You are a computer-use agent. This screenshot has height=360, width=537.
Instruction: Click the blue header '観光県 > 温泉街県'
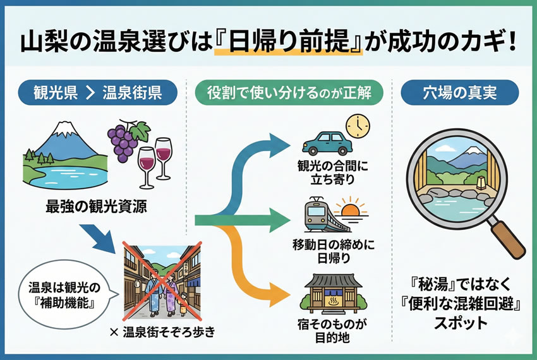coord(98,93)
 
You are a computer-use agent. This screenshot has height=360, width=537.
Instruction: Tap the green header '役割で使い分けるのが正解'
coord(289,93)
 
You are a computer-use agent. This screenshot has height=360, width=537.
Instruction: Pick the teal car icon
coord(326,142)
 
